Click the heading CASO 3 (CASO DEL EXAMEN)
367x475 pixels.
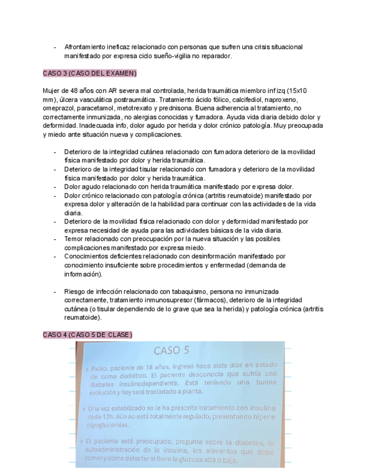point(90,74)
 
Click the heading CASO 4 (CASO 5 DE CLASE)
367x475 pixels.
point(87,335)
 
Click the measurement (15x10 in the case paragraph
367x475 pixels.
point(296,91)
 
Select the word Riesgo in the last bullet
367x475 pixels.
point(76,292)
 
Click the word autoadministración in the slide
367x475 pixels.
point(119,450)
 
